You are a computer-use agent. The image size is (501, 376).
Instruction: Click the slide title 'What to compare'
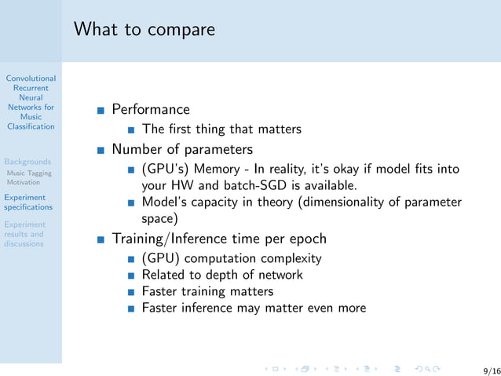tap(144, 30)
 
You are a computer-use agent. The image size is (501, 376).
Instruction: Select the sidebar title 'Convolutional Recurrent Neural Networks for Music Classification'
tap(31, 102)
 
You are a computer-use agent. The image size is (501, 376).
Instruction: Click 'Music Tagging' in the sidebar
tap(29, 173)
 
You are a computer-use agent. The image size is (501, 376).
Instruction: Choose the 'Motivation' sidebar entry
tap(23, 182)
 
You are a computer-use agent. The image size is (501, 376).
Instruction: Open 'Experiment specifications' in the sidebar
tap(28, 203)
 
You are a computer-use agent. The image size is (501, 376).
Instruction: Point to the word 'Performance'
tap(151, 109)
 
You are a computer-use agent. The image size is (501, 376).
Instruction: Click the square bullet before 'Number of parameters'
tap(101, 149)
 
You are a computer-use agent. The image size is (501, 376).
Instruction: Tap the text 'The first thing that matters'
tap(221, 129)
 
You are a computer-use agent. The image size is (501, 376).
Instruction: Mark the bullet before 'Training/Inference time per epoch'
tap(101, 239)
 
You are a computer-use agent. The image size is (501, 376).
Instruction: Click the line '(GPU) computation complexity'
tap(232, 258)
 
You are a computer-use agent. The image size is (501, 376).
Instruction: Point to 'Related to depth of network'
tap(222, 275)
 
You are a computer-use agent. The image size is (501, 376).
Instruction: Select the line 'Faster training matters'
tap(207, 291)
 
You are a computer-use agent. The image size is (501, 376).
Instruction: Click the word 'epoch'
tap(306, 239)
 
